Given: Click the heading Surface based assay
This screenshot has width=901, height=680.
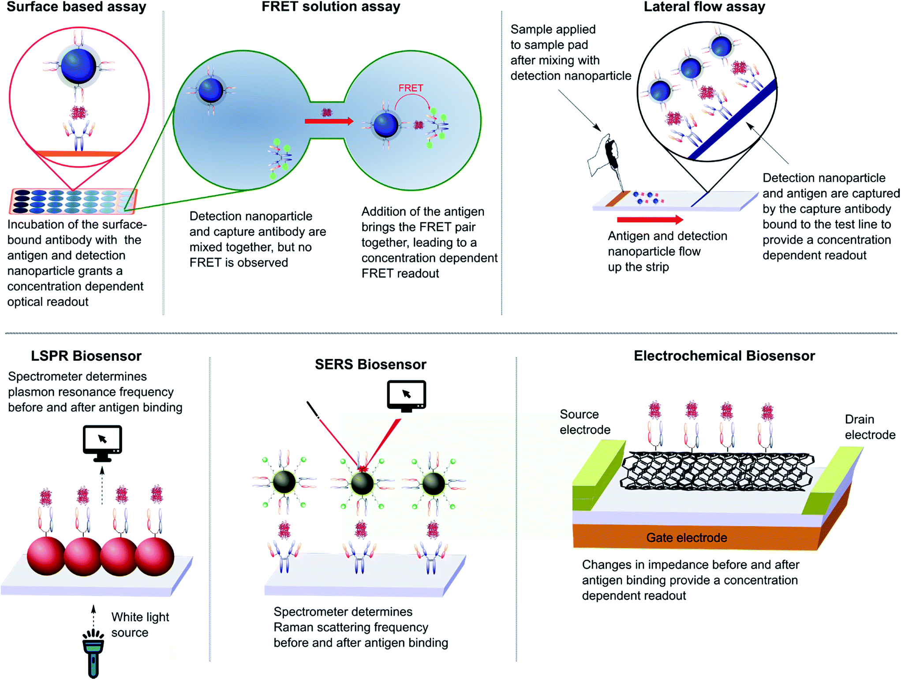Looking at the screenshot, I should pyautogui.click(x=76, y=7).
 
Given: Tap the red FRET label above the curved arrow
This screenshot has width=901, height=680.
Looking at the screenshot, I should pyautogui.click(x=411, y=88).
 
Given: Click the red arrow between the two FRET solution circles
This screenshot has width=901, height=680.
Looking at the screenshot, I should pyautogui.click(x=329, y=121).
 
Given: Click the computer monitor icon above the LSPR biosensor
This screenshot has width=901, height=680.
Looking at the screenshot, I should pyautogui.click(x=102, y=442).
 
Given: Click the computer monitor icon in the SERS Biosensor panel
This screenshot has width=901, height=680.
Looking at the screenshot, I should pyautogui.click(x=406, y=395).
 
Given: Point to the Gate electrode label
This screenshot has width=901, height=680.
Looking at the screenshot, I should pyautogui.click(x=686, y=538).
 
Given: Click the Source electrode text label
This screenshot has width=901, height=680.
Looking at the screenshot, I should pyautogui.click(x=584, y=422).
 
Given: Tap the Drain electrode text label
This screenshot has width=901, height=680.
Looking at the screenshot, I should pyautogui.click(x=869, y=427).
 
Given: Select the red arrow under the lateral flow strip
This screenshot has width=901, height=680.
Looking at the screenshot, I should pyautogui.click(x=649, y=220).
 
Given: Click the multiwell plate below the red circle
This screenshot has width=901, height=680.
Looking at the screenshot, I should pyautogui.click(x=73, y=201).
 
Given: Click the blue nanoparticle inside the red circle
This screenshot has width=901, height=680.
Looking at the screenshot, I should pyautogui.click(x=79, y=66).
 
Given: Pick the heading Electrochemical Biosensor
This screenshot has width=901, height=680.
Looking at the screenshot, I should pyautogui.click(x=724, y=356).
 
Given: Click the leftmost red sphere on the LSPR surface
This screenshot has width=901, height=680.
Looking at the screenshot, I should pyautogui.click(x=46, y=556).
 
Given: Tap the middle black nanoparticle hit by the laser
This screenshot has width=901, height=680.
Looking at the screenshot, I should pyautogui.click(x=362, y=483).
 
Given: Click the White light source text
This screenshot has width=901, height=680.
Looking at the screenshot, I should pyautogui.click(x=139, y=624).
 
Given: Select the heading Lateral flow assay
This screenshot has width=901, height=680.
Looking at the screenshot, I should pyautogui.click(x=704, y=7).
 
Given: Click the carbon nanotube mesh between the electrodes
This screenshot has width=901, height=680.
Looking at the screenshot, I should pyautogui.click(x=717, y=471).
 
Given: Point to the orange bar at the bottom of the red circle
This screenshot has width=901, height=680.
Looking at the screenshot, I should pyautogui.click(x=78, y=154).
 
